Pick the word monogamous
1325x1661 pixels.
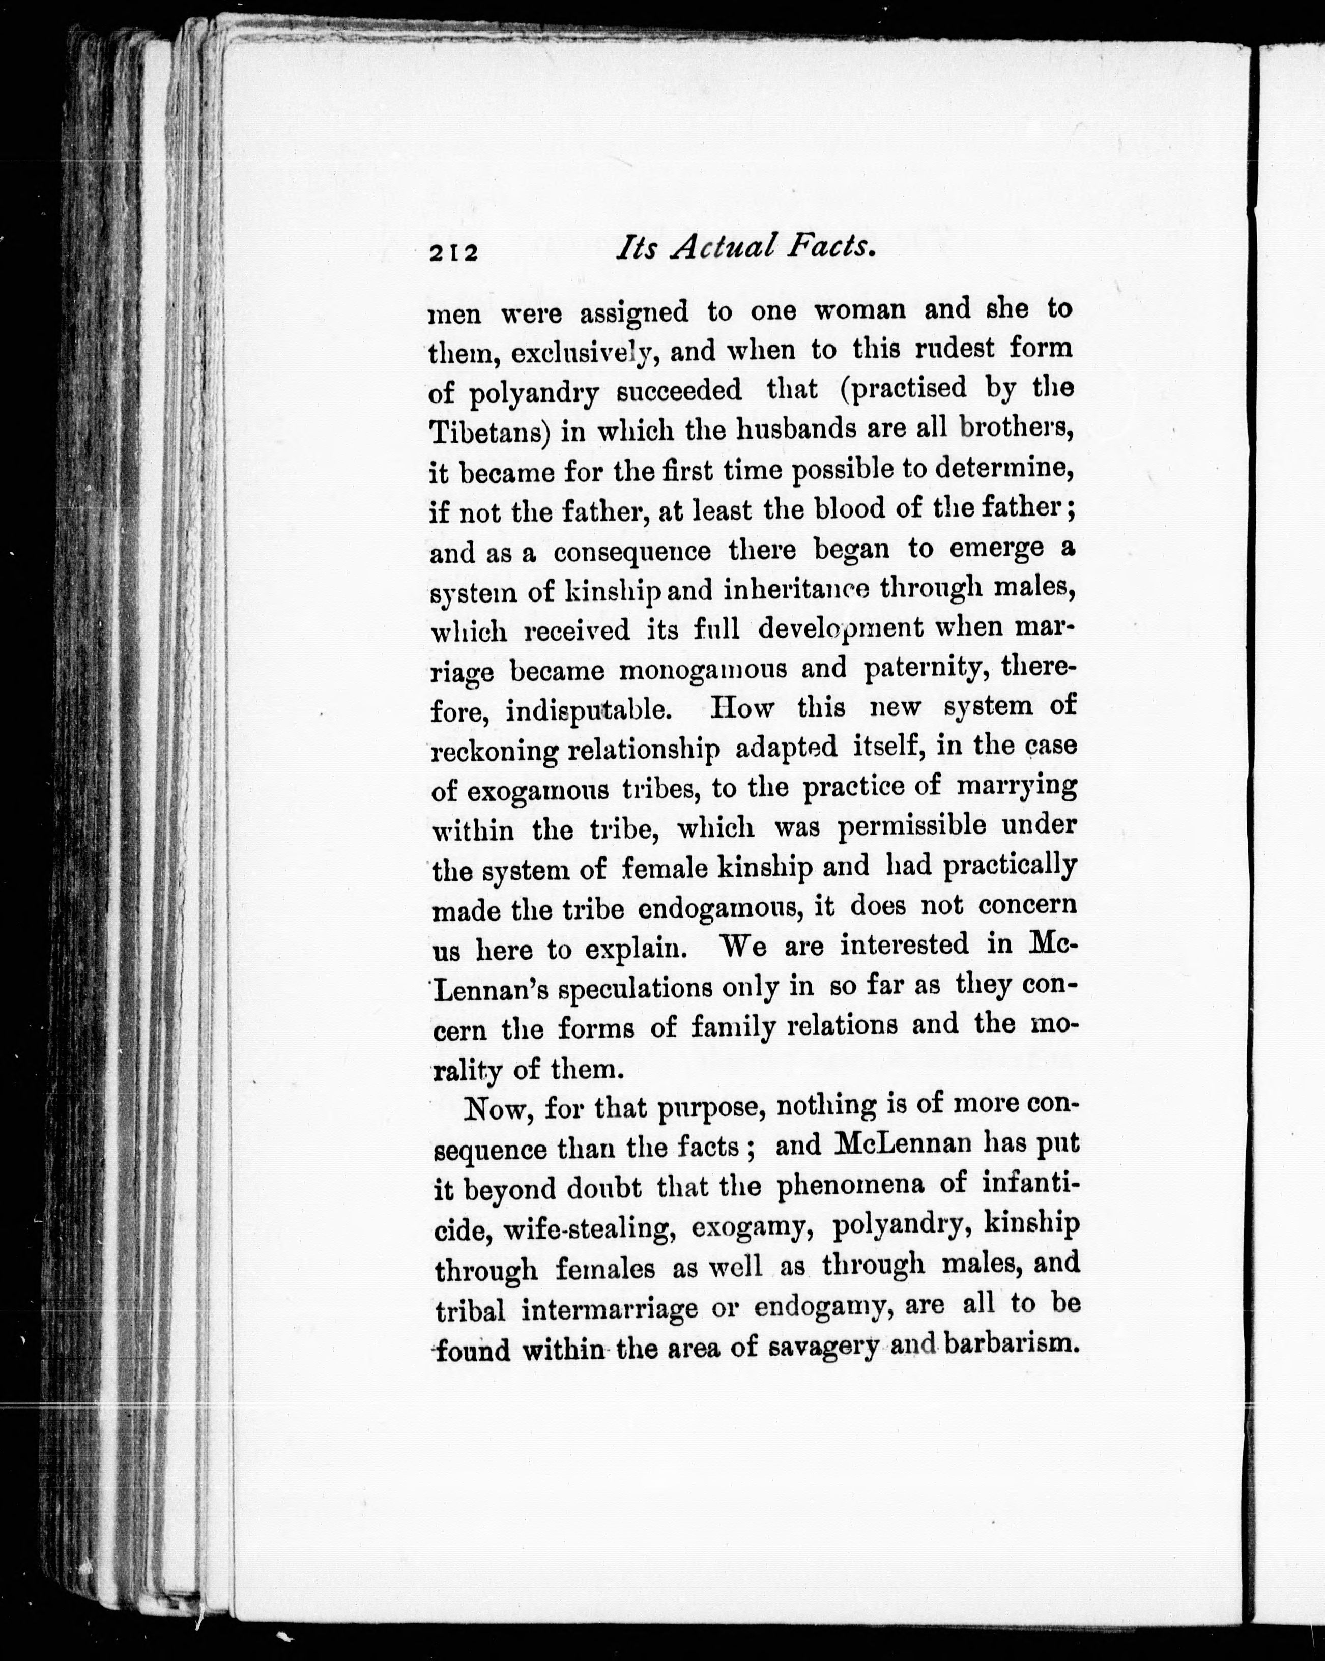pyautogui.click(x=703, y=670)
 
